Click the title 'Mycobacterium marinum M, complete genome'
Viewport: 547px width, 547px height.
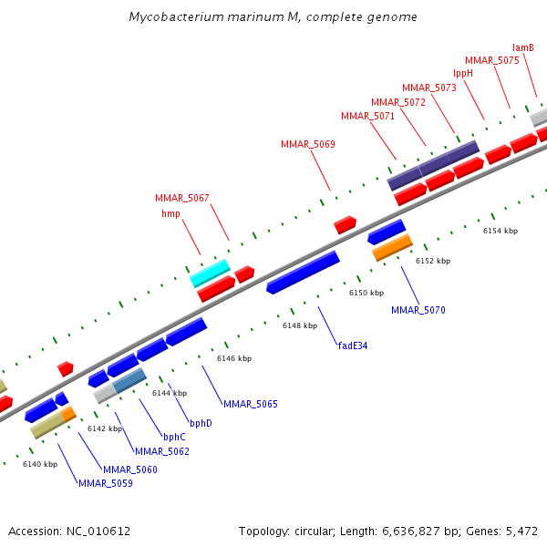273,17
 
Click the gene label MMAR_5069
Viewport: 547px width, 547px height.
307,144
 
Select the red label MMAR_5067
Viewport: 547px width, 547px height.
181,198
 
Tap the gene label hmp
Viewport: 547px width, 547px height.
170,213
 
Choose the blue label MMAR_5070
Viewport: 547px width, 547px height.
418,310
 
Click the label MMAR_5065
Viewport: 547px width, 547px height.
250,403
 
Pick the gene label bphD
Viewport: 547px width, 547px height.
201,423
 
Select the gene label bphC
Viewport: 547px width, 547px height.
174,437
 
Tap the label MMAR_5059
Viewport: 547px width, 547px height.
105,483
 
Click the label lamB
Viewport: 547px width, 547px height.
522,47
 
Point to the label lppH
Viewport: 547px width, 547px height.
463,73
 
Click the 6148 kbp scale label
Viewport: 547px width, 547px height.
299,325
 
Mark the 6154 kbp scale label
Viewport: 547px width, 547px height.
500,231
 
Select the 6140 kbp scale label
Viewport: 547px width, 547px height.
39,464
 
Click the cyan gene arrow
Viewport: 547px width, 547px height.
210,273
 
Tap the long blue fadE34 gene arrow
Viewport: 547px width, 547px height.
303,273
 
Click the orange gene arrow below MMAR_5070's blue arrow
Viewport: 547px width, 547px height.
392,247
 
